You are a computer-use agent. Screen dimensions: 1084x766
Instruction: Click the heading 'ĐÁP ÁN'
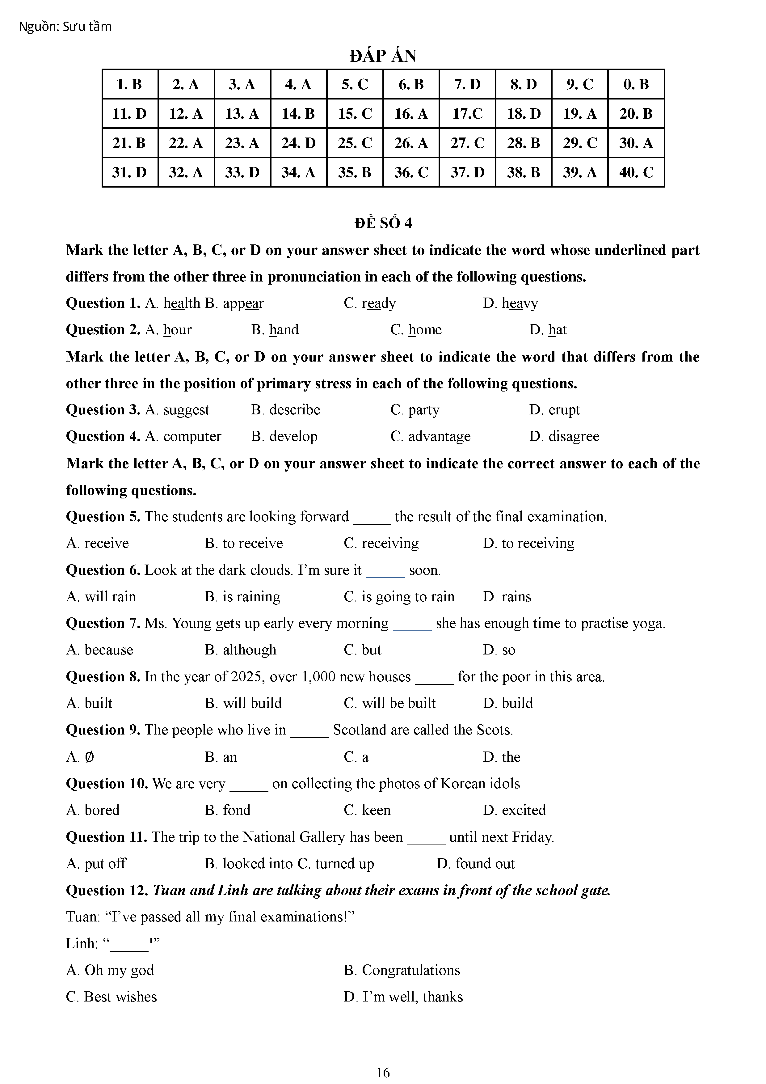tap(383, 56)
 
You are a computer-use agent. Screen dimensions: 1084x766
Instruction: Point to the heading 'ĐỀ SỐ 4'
tap(383, 223)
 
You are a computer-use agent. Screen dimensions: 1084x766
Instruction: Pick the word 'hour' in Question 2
tap(177, 329)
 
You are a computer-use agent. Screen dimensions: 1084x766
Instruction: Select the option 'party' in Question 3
tap(423, 410)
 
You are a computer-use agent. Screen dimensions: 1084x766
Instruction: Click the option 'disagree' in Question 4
tap(574, 436)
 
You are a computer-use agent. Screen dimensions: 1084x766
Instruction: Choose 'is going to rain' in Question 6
tap(408, 597)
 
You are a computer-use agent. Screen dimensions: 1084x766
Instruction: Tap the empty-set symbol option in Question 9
tap(89, 757)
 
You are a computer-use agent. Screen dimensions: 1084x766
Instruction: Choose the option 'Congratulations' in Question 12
tap(410, 970)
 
